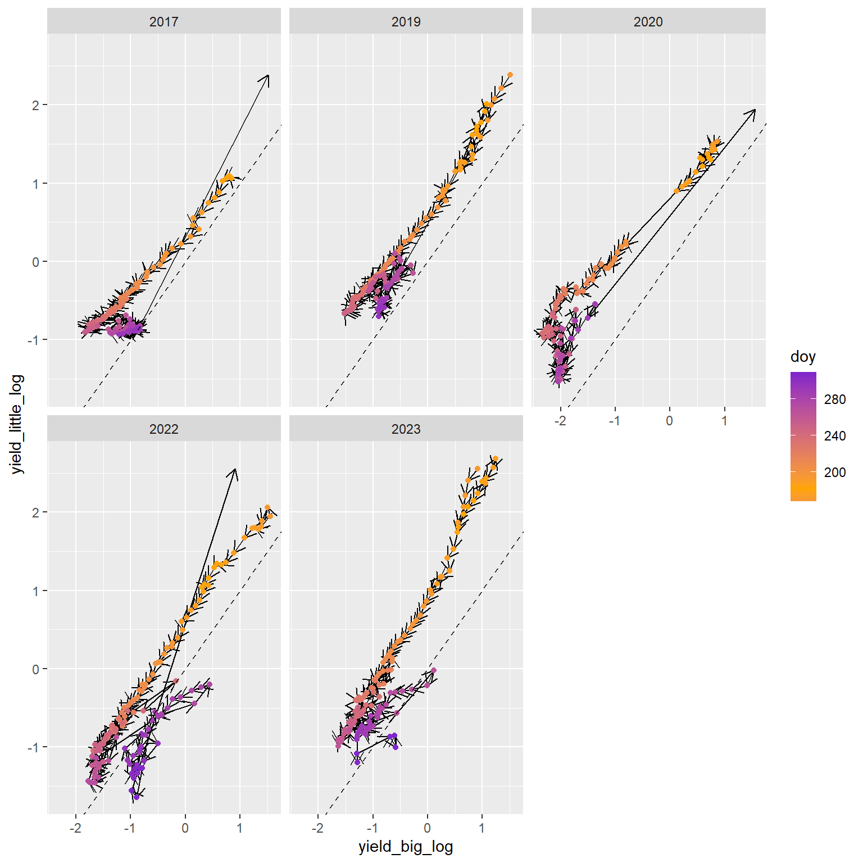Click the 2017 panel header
[x=163, y=22]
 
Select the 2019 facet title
[x=406, y=22]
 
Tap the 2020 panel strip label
[x=648, y=22]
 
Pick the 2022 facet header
[x=163, y=429]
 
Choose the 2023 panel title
[x=406, y=429]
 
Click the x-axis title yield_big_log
[x=406, y=847]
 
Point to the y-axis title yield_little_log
[x=17, y=424]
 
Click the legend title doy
[x=802, y=357]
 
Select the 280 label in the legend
[x=835, y=399]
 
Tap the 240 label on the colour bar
[x=835, y=436]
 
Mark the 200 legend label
[x=835, y=473]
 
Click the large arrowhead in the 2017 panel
[x=267, y=76]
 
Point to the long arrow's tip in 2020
[x=755, y=110]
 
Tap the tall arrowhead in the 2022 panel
[x=235, y=470]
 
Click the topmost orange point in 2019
[x=510, y=75]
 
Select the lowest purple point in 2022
[x=136, y=797]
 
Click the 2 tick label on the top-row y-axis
[x=36, y=105]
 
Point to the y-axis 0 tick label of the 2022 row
[x=36, y=669]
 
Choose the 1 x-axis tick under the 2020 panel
[x=724, y=420]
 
